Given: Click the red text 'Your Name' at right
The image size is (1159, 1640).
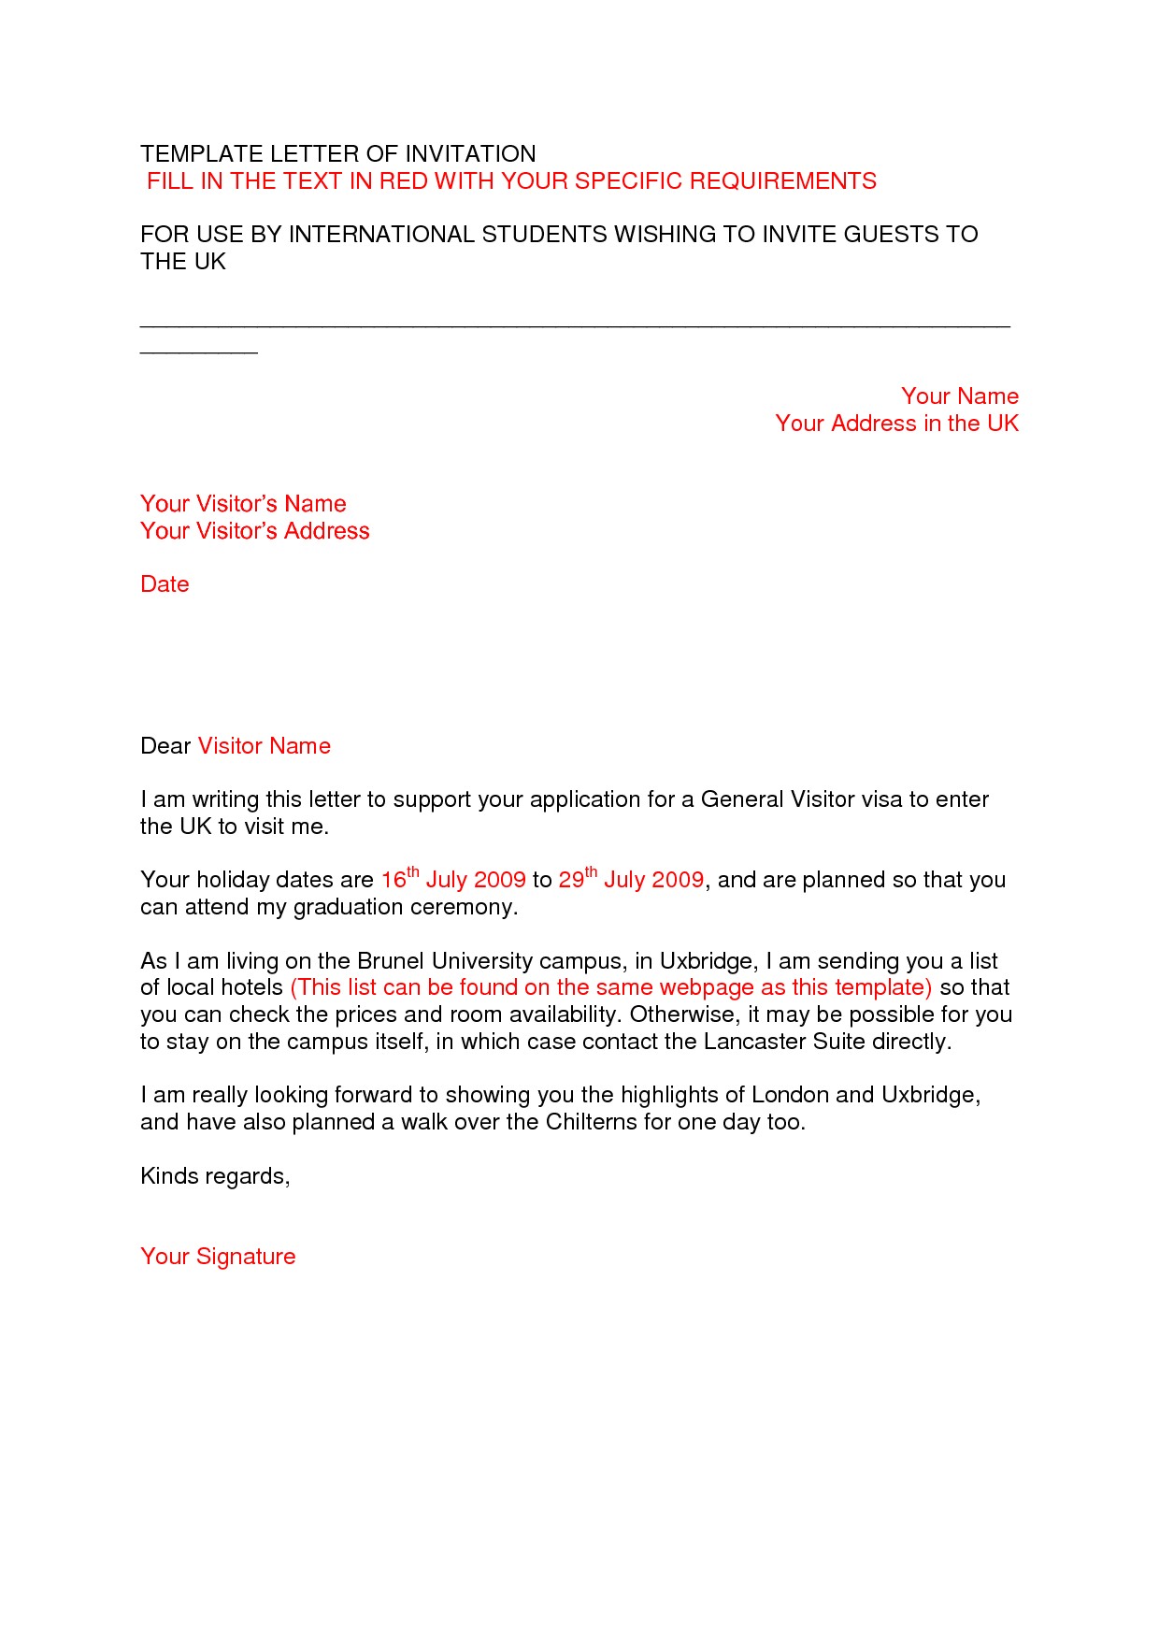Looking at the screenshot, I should coord(959,396).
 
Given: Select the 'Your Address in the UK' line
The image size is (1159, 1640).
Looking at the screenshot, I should coord(896,424).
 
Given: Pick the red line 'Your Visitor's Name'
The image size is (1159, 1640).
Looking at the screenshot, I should coord(243,504).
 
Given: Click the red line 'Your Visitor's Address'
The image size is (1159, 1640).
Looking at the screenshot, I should coord(254,531).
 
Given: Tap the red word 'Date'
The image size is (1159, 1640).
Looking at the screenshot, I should coord(165,584).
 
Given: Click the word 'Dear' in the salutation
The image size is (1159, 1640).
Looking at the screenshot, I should coord(165,746).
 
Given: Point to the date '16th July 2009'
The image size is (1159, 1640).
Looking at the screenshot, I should coord(453,880).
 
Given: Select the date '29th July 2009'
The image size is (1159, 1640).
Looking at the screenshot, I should coord(631,880).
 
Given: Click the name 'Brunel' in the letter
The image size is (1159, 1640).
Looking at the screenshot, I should coord(391,961).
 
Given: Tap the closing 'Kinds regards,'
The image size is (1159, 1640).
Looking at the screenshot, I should coord(215,1176).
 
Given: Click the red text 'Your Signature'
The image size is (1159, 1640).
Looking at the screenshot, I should coord(218,1257).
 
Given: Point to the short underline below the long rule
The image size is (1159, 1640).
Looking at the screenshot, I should coord(198,352).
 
